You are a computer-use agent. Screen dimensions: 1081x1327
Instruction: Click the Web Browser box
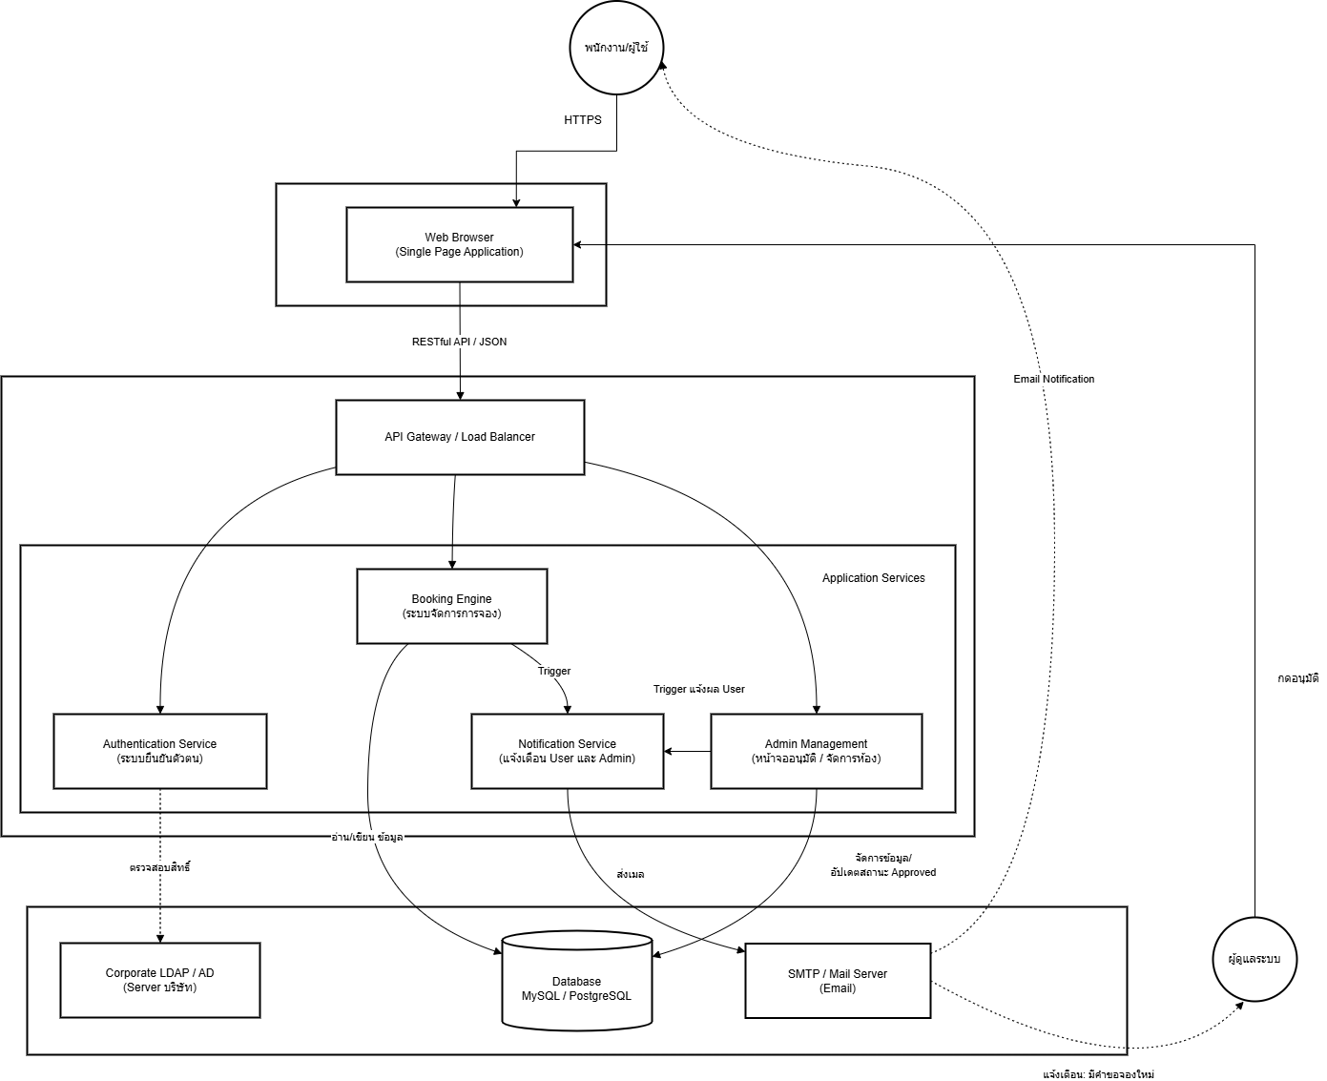459,244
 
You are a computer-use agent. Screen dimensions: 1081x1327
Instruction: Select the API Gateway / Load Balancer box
460,437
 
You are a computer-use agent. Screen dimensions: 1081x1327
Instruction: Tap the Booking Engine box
451,606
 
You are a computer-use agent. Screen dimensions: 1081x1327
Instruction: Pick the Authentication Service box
159,751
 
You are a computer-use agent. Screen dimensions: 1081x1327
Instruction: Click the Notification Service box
567,751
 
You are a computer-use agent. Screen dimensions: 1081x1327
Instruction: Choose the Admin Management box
816,751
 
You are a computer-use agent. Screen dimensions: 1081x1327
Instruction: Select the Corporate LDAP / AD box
159,980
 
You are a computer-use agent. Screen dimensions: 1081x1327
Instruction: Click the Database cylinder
576,982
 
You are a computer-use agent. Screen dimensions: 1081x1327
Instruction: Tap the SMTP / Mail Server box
837,981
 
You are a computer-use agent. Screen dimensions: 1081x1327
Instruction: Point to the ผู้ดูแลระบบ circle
1254,959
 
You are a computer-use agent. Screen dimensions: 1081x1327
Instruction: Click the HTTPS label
583,120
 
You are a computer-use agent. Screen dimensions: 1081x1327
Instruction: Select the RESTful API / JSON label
459,342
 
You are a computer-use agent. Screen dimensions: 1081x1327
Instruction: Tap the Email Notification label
1053,379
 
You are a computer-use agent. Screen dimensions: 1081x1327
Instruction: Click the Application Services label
873,578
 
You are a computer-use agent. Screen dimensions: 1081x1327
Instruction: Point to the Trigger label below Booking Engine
554,671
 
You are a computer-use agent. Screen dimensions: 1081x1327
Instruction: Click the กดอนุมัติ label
1297,678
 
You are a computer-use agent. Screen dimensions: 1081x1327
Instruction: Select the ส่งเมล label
630,874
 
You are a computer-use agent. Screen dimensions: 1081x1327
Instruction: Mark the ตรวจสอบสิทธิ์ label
159,867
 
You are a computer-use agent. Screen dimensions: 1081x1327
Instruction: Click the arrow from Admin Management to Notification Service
687,752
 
